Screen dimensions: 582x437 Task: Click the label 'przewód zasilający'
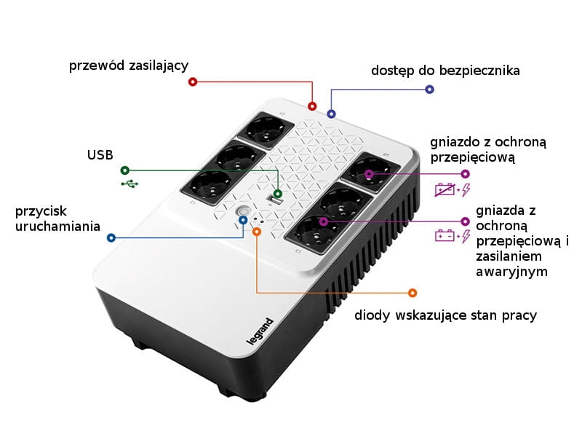tap(129, 66)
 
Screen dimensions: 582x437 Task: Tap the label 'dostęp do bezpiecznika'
tap(445, 71)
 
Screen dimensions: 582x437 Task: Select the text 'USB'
tap(100, 155)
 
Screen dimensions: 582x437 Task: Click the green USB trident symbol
tap(130, 184)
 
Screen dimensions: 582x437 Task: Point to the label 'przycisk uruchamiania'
tap(57, 219)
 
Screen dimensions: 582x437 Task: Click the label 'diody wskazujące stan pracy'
tap(446, 315)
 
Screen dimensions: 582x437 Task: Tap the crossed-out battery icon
tap(445, 189)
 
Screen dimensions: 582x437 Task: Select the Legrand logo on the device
tap(260, 331)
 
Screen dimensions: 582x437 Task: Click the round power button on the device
tap(242, 212)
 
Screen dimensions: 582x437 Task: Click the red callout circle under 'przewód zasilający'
tap(192, 82)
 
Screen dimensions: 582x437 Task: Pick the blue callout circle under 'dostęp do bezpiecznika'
tap(429, 89)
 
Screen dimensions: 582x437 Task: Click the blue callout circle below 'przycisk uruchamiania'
tap(111, 238)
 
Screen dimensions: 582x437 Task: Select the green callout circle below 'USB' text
tap(125, 170)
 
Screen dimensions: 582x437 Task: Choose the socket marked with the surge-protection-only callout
tap(371, 171)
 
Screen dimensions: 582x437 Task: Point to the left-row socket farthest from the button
tap(266, 130)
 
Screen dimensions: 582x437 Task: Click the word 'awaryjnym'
tap(512, 272)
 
